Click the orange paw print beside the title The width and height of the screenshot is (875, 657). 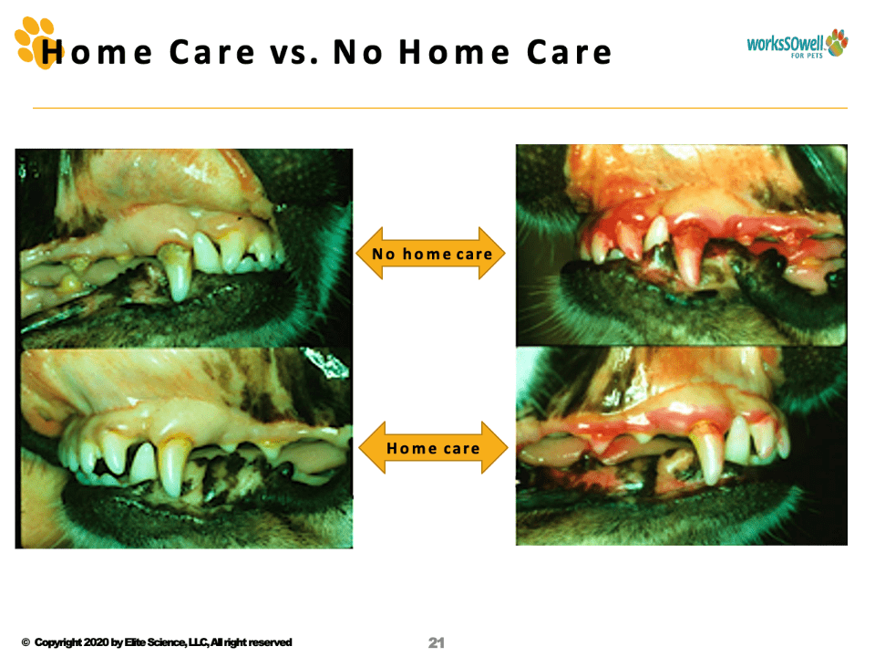point(36,43)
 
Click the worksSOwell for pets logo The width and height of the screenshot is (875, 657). point(798,44)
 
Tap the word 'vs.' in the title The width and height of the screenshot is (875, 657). point(294,53)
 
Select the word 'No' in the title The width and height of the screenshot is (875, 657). point(357,53)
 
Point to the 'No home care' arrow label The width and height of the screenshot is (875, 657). point(432,255)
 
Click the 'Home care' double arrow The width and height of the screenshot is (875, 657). point(433,448)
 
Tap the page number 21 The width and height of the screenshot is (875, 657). point(437,643)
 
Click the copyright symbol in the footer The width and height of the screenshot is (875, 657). point(26,642)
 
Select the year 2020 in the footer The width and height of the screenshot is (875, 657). point(96,642)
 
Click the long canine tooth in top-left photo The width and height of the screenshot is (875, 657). point(179,273)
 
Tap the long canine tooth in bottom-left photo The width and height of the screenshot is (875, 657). point(173,465)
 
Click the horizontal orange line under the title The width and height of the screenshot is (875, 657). point(439,108)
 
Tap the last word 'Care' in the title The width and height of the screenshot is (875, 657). point(569,53)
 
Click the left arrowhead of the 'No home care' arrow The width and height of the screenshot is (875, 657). point(369,253)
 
